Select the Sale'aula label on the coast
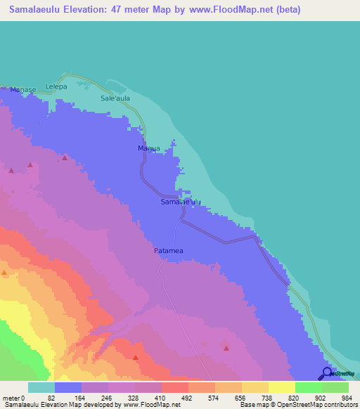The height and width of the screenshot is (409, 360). [115, 98]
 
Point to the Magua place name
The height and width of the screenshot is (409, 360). [148, 148]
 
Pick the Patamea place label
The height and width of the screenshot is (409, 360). [169, 250]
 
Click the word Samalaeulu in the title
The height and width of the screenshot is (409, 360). [40, 10]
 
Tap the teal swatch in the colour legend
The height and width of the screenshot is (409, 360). [41, 387]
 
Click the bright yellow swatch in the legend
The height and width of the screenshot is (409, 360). [282, 387]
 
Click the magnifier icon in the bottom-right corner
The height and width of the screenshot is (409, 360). [328, 373]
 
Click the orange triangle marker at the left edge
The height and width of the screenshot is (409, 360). [5, 273]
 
